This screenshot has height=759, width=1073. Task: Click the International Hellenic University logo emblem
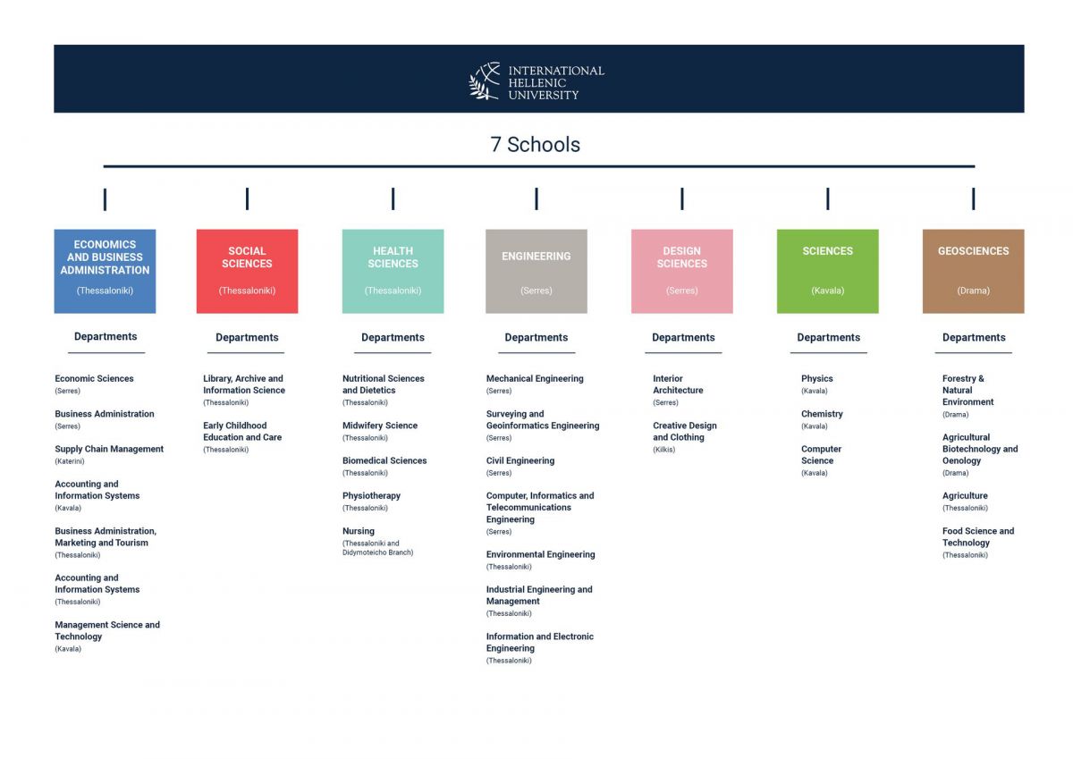coord(485,81)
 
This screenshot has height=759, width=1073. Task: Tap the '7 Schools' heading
coord(535,145)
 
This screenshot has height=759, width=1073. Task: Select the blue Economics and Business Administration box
coord(105,271)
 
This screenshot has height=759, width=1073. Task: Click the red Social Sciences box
coord(247,271)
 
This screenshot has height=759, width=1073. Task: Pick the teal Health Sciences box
coord(393,271)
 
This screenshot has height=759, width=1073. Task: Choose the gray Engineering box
coord(536,271)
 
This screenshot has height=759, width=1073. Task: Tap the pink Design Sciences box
coord(682,271)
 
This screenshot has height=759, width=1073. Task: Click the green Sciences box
coord(828,271)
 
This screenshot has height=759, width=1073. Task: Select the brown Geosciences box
coord(974,271)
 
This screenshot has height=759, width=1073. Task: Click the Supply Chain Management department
coord(109,449)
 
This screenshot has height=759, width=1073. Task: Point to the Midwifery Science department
coord(380,426)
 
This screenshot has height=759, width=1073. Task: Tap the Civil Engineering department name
coord(520,460)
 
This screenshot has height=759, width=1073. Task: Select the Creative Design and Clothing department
coord(685,432)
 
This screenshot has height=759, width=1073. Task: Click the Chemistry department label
coord(822,414)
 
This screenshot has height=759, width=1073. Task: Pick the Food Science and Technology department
coord(978,536)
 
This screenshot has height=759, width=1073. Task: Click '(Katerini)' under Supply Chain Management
coord(70,461)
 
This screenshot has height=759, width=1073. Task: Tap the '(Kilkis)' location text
coord(663,450)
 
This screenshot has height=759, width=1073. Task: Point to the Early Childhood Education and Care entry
coord(242,432)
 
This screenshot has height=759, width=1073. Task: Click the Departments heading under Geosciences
coord(974,338)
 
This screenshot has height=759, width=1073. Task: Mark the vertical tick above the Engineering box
coord(536,198)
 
